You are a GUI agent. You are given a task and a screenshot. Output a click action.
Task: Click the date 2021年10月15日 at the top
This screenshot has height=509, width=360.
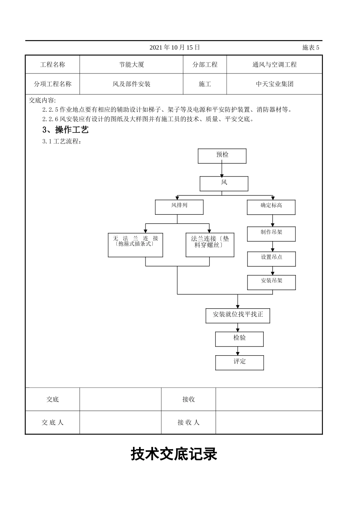point(174,47)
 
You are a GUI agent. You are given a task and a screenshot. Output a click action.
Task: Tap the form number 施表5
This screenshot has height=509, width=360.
point(311,47)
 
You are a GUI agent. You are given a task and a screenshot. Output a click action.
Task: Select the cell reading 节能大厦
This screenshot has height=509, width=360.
point(131,64)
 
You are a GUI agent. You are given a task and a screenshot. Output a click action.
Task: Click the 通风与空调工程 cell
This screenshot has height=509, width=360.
point(274,64)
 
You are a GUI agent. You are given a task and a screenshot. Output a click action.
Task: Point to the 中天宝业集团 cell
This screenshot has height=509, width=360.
point(274,84)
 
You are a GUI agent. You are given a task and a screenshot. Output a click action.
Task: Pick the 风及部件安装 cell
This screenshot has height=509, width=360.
point(131,84)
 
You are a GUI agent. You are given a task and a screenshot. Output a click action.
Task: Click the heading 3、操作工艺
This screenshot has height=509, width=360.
point(66,130)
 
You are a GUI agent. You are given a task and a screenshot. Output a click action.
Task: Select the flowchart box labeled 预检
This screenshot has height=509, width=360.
point(222,156)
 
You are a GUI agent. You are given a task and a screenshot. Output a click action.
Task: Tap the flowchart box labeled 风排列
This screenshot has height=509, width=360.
point(179,207)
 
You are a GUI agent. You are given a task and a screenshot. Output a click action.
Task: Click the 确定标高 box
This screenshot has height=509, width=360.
point(271,207)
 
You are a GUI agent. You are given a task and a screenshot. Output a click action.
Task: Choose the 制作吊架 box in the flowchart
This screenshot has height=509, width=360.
point(271,233)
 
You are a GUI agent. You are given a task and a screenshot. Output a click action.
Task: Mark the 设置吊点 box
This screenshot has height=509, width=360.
point(271,258)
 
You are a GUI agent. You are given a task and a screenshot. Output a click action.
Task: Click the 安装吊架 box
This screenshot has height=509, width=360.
point(271,282)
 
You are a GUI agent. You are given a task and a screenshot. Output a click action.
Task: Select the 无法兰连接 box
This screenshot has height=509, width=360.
point(135,245)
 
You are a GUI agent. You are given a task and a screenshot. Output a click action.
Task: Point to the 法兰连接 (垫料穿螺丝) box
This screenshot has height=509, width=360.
point(210,245)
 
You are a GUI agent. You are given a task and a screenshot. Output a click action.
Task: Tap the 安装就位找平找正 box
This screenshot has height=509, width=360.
point(238,315)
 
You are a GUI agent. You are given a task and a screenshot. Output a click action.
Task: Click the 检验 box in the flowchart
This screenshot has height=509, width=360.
point(239,339)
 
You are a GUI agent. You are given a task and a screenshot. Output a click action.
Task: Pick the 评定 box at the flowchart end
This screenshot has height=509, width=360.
point(239,362)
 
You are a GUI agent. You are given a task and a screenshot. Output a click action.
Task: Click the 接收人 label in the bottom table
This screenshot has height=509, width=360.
point(188,422)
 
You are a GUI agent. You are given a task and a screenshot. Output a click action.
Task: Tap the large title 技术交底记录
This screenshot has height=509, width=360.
point(174,454)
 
